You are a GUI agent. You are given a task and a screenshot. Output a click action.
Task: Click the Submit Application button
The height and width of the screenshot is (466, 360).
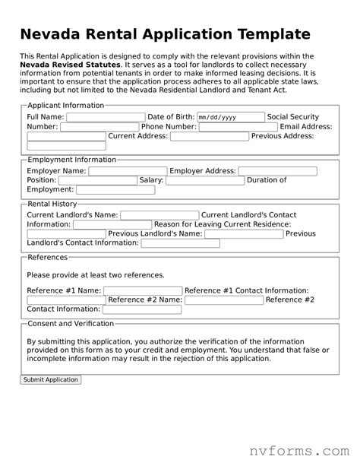click(x=51, y=379)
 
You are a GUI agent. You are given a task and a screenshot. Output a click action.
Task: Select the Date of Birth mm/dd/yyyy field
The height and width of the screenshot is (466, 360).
click(x=229, y=117)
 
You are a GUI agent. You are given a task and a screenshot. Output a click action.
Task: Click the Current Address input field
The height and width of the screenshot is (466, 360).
click(x=209, y=137)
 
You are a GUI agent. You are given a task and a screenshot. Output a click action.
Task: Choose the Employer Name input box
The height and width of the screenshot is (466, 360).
click(x=128, y=171)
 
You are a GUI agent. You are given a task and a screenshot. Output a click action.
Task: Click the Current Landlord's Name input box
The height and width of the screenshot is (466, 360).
click(x=159, y=215)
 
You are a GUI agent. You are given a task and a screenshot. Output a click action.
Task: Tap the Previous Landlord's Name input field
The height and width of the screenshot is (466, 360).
click(x=245, y=234)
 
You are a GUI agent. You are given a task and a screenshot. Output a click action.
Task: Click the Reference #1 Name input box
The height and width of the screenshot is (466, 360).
click(x=143, y=290)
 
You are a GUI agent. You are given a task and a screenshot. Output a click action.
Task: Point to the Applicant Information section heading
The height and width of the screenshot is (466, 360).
click(x=65, y=105)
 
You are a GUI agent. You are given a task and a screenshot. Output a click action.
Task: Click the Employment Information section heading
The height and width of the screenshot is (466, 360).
click(x=71, y=160)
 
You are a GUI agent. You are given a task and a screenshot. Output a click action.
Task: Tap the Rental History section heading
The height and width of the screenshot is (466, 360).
click(x=52, y=204)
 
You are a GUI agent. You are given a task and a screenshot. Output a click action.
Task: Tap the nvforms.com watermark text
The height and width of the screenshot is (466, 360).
click(x=298, y=440)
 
